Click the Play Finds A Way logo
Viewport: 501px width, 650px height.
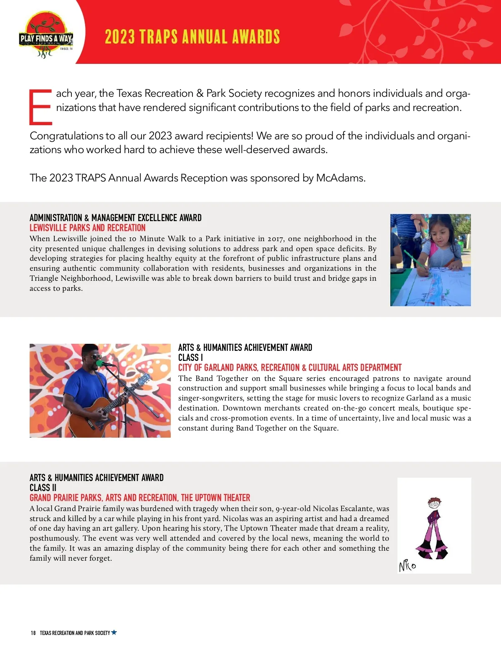[46, 35]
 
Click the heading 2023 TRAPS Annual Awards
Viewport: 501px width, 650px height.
[192, 37]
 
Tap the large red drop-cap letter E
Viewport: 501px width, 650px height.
[40, 107]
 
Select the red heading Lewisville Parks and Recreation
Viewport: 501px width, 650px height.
[87, 228]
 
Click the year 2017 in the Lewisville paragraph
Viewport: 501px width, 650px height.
[275, 239]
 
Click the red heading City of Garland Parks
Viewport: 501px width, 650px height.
[289, 368]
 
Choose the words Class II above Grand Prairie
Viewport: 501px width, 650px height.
[43, 488]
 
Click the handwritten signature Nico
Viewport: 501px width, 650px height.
[407, 566]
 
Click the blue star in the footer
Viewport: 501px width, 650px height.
[114, 632]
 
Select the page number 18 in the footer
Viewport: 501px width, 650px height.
[33, 633]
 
